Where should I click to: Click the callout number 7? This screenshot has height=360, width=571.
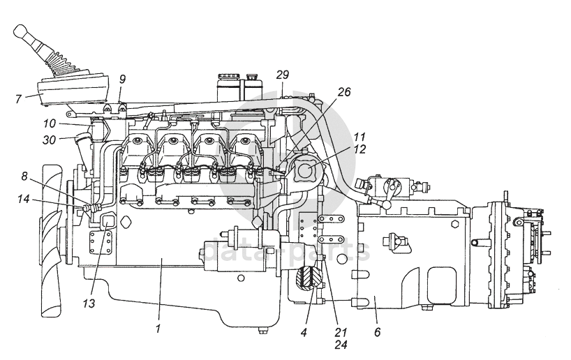pos(18,98)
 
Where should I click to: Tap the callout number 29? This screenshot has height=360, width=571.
pos(282,75)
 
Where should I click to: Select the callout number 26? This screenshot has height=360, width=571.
pos(343,91)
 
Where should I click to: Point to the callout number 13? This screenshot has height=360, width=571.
pos(89,303)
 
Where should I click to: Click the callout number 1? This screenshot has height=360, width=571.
pos(158,329)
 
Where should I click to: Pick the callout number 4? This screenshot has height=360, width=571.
pos(304,331)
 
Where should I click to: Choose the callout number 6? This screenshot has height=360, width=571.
pos(377,331)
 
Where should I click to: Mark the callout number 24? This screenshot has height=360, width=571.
pos(341,344)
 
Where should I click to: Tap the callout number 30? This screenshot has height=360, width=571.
pos(49,140)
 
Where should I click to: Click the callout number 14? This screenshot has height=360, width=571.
pos(24,199)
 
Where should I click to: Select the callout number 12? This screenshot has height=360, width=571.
pos(359,149)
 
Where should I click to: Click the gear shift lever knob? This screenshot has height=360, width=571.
pos(21,31)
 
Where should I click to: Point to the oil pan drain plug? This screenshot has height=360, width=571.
pos(261,331)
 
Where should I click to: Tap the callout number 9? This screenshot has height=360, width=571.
pos(122,79)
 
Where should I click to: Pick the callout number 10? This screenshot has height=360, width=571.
pos(49,123)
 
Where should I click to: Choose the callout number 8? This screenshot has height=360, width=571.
pos(24,177)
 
